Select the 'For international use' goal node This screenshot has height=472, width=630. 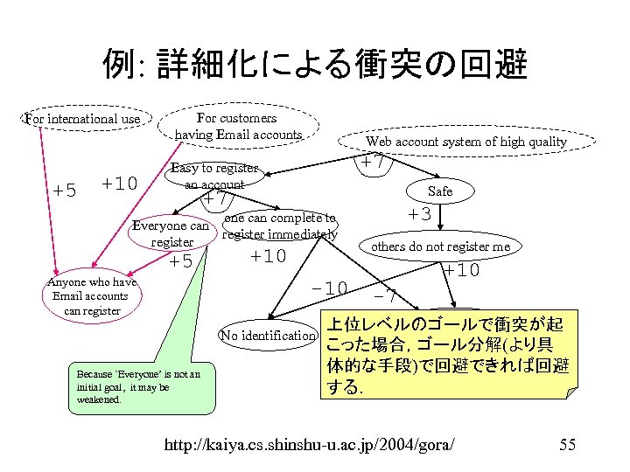pyautogui.click(x=82, y=118)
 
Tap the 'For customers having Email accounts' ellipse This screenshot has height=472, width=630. pyautogui.click(x=237, y=126)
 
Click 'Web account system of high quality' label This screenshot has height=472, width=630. pyautogui.click(x=465, y=141)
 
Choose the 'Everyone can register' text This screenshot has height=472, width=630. pyautogui.click(x=171, y=233)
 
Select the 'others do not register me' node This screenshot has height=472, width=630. pyautogui.click(x=440, y=246)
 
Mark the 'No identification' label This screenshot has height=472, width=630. pyautogui.click(x=268, y=336)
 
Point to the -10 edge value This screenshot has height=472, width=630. pyautogui.click(x=331, y=288)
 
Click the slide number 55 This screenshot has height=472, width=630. pyautogui.click(x=566, y=445)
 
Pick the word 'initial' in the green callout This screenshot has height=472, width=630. pyautogui.click(x=91, y=386)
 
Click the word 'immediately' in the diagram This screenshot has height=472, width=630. pyautogui.click(x=302, y=233)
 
